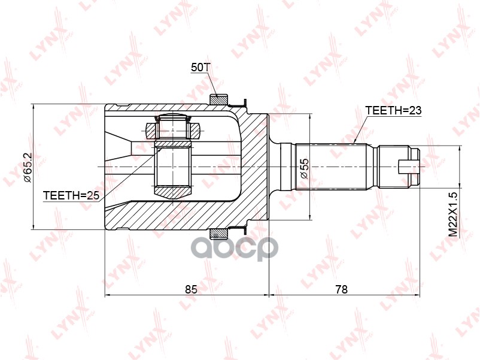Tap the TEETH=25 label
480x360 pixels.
click(x=70, y=196)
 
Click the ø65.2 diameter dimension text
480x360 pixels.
click(x=26, y=167)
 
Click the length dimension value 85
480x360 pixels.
click(x=191, y=289)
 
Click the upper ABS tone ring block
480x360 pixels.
click(x=219, y=99)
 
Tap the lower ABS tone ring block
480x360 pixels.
click(x=219, y=234)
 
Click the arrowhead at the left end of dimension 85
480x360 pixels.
click(x=108, y=295)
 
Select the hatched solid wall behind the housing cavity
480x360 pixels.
click(x=254, y=168)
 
